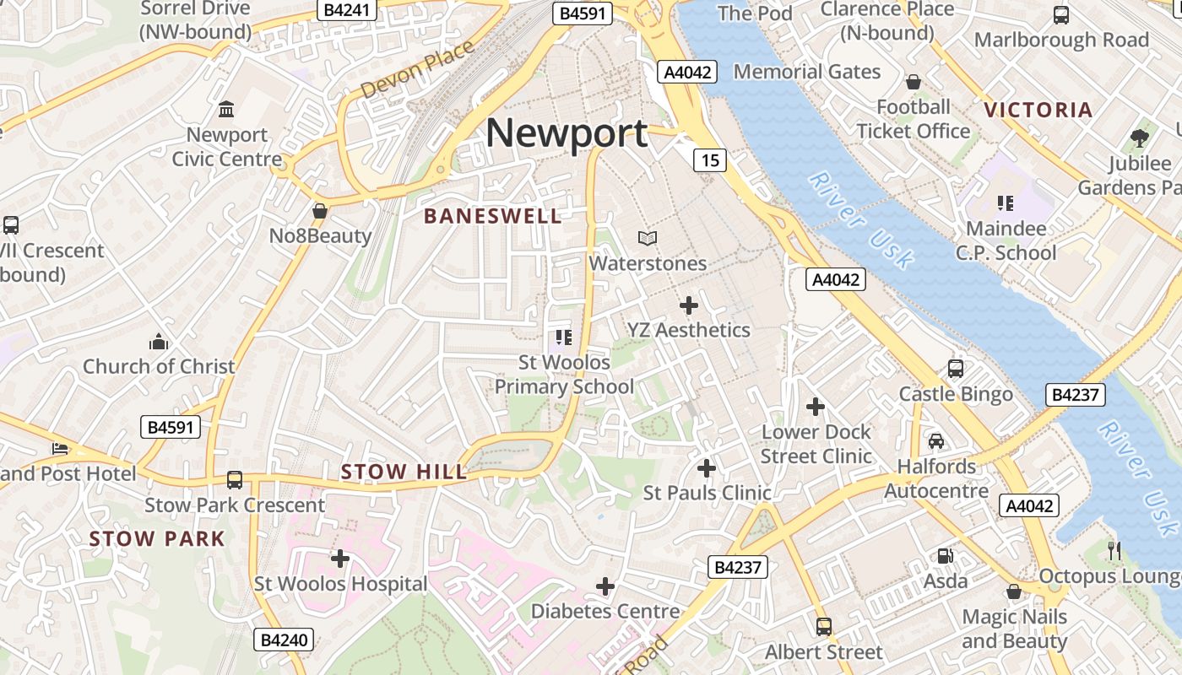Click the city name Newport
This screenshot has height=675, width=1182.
(x=567, y=133)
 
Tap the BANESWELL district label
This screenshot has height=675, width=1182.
(x=492, y=216)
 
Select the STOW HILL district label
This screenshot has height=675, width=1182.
(x=404, y=472)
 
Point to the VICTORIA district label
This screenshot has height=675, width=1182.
(x=1038, y=110)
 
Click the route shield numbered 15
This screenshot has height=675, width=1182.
(x=711, y=159)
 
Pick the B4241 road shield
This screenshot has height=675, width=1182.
(x=347, y=10)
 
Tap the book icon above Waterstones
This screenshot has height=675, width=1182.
(x=648, y=239)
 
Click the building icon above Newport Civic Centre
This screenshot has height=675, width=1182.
(x=226, y=109)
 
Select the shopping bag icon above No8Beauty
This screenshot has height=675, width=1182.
(x=320, y=211)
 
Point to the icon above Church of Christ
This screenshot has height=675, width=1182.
(x=159, y=342)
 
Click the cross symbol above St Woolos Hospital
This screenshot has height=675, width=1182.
(x=340, y=558)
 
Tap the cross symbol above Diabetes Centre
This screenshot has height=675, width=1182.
(x=605, y=586)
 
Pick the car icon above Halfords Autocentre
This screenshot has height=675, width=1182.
(x=936, y=440)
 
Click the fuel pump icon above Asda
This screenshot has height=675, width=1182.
(x=945, y=555)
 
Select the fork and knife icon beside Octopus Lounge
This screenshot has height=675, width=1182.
(x=1114, y=551)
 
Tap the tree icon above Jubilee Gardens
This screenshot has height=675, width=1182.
(x=1140, y=138)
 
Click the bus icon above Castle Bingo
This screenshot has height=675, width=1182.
(x=956, y=369)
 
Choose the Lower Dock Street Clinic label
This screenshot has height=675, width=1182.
(x=816, y=444)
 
